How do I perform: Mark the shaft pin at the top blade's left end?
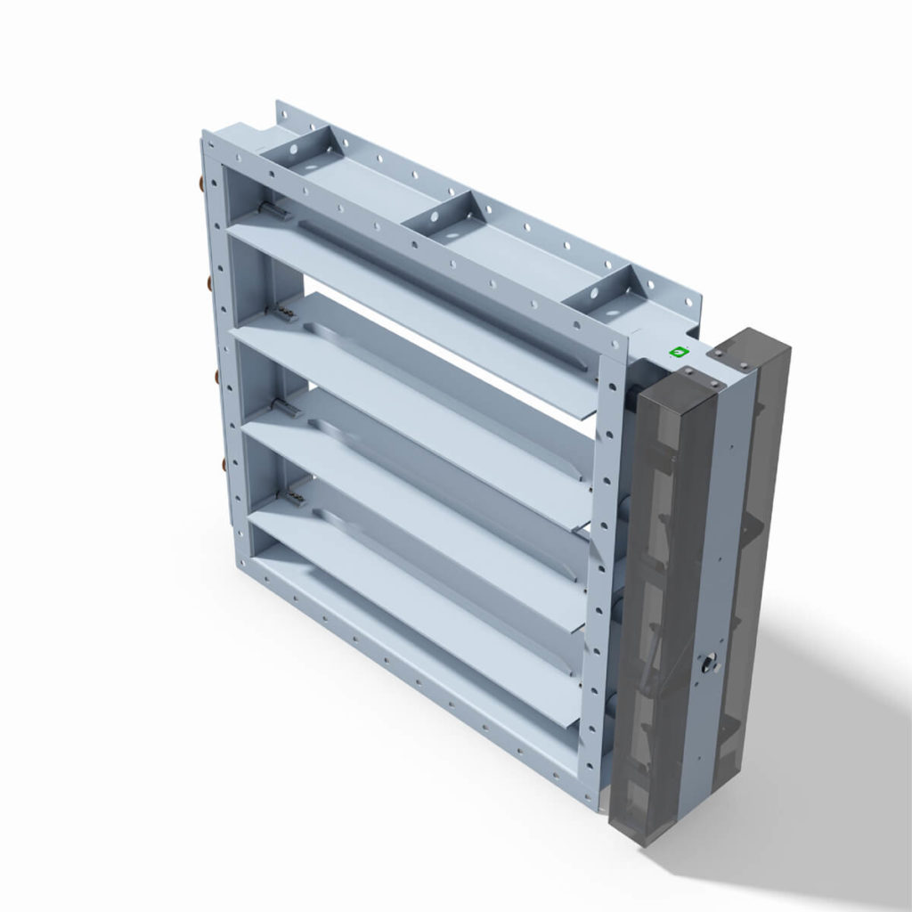pos(275,211)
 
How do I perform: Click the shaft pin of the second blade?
pos(286,312)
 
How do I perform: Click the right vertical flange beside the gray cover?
pos(606,579)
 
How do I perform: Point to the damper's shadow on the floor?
pos(802,757)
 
